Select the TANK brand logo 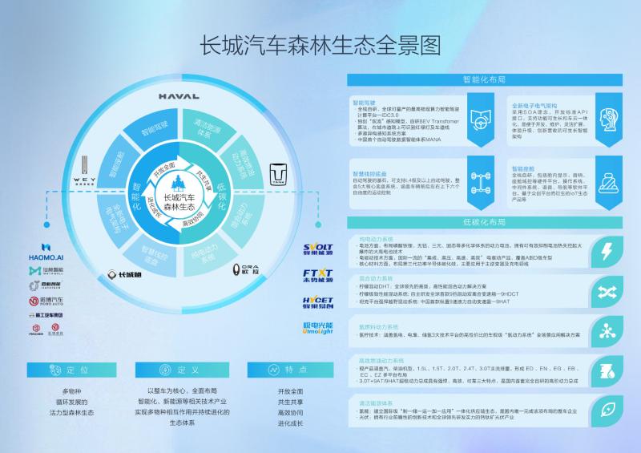[278, 174]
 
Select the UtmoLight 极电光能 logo [318, 329]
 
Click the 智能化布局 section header [483, 80]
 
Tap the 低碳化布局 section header [483, 222]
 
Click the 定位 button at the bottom [72, 370]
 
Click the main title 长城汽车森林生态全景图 [320, 46]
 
